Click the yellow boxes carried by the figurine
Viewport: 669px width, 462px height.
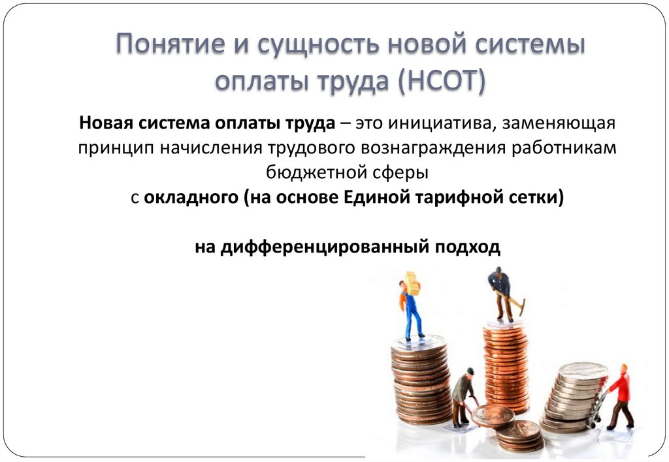pos(412,283)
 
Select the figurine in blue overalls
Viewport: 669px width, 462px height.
pos(411,310)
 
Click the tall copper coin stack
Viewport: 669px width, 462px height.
pos(505,365)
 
